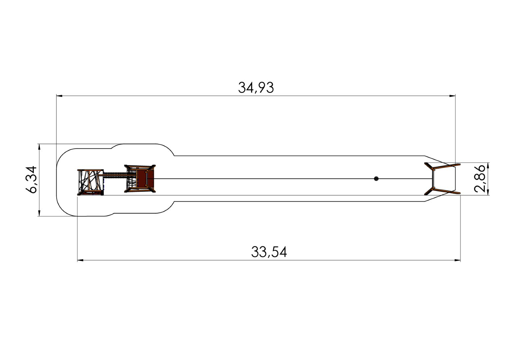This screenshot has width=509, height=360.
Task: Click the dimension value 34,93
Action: [x=256, y=88]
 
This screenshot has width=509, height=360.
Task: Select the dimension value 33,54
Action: [x=269, y=252]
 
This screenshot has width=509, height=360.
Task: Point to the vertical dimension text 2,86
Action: [x=480, y=178]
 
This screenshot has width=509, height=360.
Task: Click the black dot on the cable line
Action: [x=376, y=179]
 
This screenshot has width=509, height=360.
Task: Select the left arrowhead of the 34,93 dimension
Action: [x=59, y=96]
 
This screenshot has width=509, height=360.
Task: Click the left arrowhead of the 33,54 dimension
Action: [x=80, y=260]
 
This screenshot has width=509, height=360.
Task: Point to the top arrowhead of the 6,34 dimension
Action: [x=39, y=147]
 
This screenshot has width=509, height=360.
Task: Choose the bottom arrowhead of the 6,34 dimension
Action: [x=39, y=213]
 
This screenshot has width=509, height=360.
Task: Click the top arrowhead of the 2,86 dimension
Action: [x=488, y=166]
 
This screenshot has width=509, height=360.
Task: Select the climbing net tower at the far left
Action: [x=90, y=182]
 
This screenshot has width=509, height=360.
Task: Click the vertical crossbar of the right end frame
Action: [x=433, y=179]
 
